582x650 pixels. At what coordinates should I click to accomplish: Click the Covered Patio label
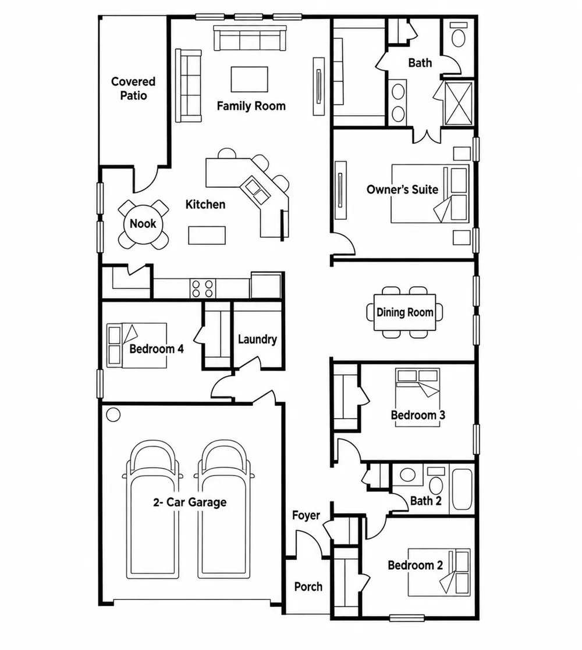(133, 88)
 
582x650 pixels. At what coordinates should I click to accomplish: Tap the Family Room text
(251, 106)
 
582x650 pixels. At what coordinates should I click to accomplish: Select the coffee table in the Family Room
(249, 79)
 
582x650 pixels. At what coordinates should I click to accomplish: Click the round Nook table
(143, 224)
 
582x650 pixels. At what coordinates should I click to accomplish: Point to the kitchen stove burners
(203, 288)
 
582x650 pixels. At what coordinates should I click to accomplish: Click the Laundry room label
(257, 340)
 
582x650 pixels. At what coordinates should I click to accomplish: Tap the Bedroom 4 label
(157, 349)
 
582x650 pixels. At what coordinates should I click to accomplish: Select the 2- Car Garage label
(190, 502)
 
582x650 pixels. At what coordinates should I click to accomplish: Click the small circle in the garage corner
(113, 415)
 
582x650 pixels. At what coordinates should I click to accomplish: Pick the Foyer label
(306, 515)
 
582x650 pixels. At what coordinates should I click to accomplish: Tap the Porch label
(308, 587)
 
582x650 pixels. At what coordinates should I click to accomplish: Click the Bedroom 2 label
(415, 565)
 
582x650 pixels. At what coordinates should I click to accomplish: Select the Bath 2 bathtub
(462, 489)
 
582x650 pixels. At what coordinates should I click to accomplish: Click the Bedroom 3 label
(418, 415)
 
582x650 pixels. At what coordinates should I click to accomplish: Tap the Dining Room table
(405, 312)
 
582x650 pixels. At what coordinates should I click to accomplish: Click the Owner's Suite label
(402, 190)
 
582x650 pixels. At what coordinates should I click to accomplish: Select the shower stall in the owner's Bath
(459, 103)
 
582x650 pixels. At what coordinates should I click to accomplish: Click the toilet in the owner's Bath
(459, 35)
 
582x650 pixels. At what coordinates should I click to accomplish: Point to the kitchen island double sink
(256, 190)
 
